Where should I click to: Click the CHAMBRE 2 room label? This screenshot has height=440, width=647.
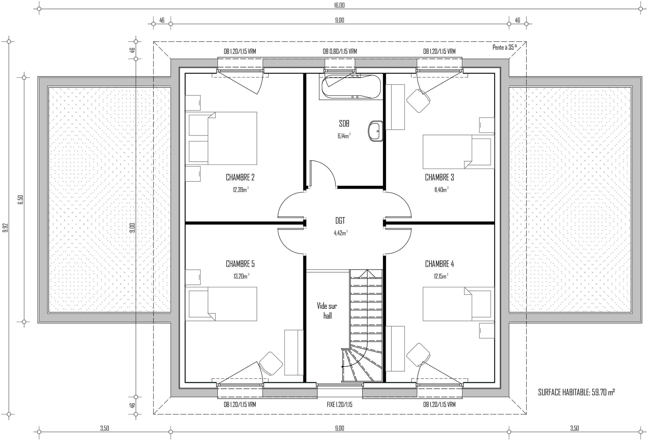click(x=240, y=177)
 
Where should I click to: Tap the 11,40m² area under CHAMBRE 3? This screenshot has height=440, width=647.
click(x=441, y=190)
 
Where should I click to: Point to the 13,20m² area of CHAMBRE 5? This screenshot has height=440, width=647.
click(x=241, y=276)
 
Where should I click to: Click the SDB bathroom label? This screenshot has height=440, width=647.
click(x=344, y=123)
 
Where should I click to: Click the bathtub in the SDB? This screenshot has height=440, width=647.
click(x=351, y=87)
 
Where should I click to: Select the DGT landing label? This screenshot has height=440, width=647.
click(x=340, y=221)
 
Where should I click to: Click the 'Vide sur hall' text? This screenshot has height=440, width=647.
click(x=327, y=311)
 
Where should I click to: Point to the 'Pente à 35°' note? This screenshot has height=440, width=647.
click(x=504, y=47)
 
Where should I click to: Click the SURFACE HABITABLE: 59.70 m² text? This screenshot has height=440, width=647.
click(x=576, y=393)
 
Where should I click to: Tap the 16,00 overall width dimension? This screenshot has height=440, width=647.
click(x=339, y=5)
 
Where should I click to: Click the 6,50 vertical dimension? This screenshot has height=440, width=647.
click(x=20, y=200)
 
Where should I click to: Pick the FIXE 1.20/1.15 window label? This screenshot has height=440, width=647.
click(x=339, y=404)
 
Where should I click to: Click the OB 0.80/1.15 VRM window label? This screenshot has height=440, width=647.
click(x=340, y=52)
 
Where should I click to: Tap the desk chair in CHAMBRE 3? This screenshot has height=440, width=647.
click(x=418, y=101)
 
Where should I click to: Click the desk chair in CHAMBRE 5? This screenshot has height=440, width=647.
click(x=271, y=363)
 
